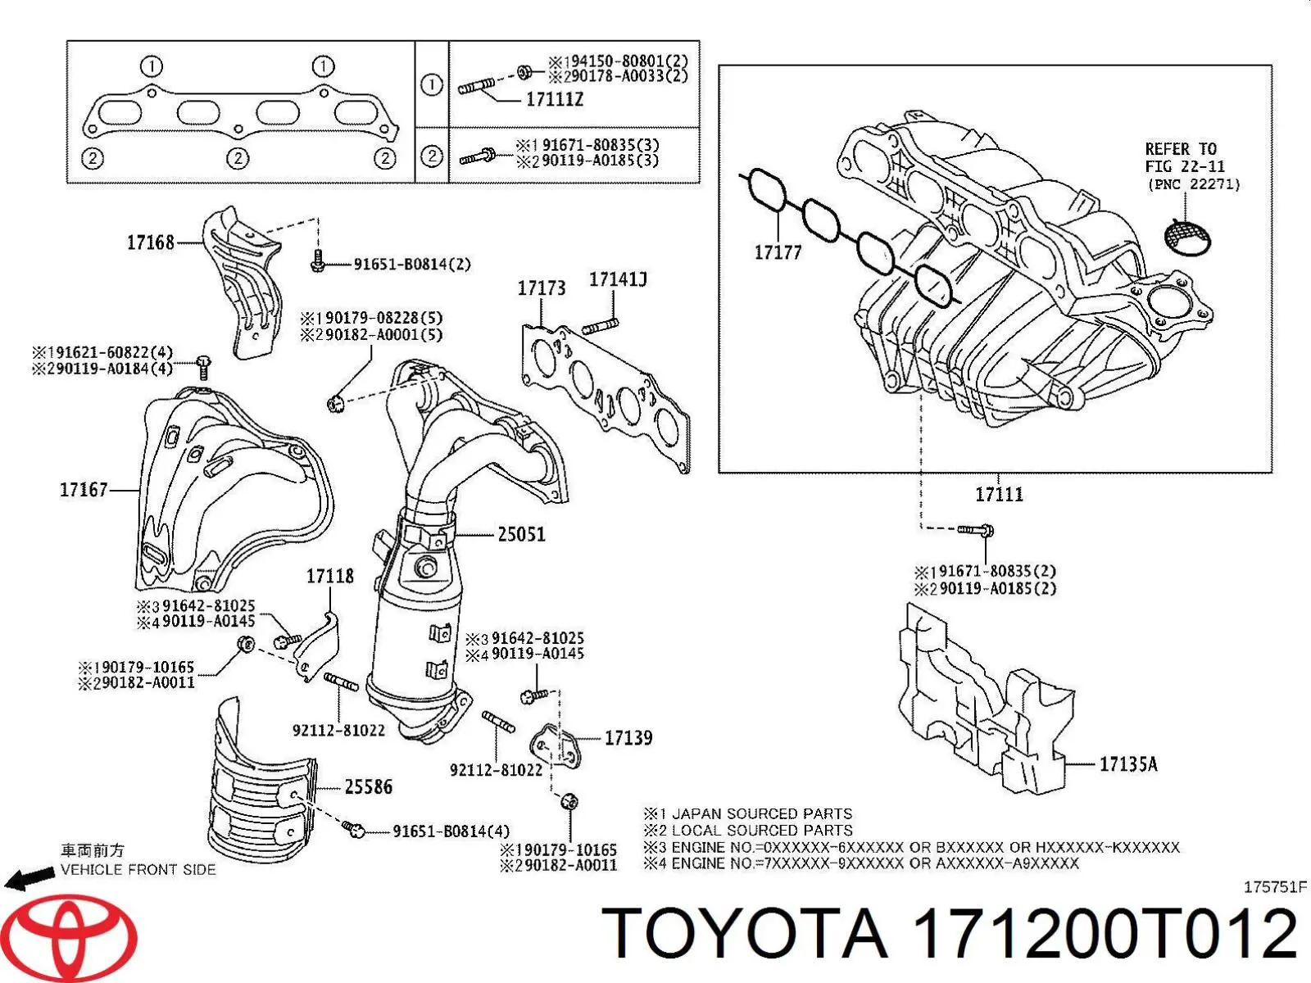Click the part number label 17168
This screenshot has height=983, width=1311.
click(x=150, y=242)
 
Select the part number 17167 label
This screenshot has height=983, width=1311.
click(x=84, y=490)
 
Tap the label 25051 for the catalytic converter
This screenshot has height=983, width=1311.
click(x=521, y=535)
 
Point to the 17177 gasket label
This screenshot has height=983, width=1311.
click(x=777, y=252)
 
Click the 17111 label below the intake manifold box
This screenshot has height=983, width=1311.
click(x=999, y=494)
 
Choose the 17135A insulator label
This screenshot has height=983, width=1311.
click(x=1128, y=764)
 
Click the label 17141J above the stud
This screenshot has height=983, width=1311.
click(x=618, y=280)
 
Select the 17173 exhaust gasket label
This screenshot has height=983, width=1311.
click(x=541, y=288)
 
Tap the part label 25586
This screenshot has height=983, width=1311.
click(x=368, y=787)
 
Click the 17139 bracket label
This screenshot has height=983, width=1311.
click(x=628, y=738)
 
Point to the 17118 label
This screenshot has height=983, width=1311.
click(x=330, y=577)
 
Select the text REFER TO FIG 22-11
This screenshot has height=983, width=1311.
click(x=1184, y=157)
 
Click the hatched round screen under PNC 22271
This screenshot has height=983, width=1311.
click(x=1189, y=236)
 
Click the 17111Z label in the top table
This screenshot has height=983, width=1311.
click(x=554, y=99)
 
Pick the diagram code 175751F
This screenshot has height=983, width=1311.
click(x=1274, y=888)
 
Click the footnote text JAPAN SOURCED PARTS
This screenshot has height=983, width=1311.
click(x=761, y=813)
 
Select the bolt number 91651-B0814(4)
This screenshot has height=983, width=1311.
click(x=451, y=831)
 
